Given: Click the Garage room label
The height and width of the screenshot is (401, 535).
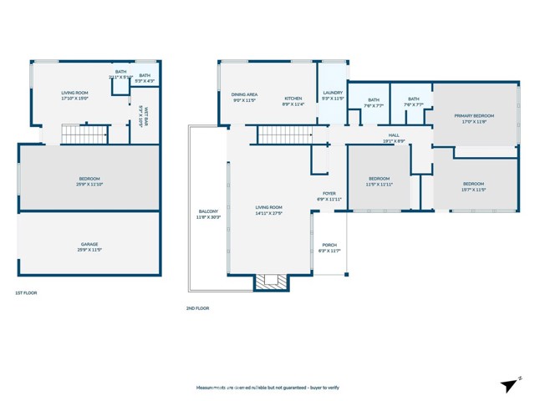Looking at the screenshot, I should coord(89,244).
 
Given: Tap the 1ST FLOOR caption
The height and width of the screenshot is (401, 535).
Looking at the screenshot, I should coord(26,293).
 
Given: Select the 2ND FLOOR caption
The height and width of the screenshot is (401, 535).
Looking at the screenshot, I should coord(197,308).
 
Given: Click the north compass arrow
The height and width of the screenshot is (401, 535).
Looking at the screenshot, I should coord(510,384).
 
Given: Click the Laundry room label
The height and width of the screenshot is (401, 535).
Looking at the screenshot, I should coord(333,93).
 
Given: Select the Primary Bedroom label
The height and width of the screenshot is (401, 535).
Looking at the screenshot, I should coord(474,115).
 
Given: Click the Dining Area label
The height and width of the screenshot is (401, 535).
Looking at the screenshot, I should coord(244,95).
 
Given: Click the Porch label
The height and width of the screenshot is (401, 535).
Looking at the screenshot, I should coord(329,245).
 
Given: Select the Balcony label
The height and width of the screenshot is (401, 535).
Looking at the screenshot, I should coord(207,211).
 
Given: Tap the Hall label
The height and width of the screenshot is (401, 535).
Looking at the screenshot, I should coord(394,135).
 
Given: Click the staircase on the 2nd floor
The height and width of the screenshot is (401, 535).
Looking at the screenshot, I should coord(283,135).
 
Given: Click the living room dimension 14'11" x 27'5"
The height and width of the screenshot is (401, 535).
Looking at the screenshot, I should coord(268,213).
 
